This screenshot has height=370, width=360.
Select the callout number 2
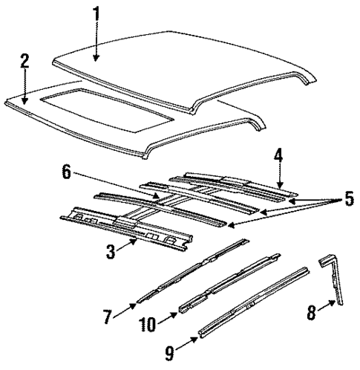point(24,61)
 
